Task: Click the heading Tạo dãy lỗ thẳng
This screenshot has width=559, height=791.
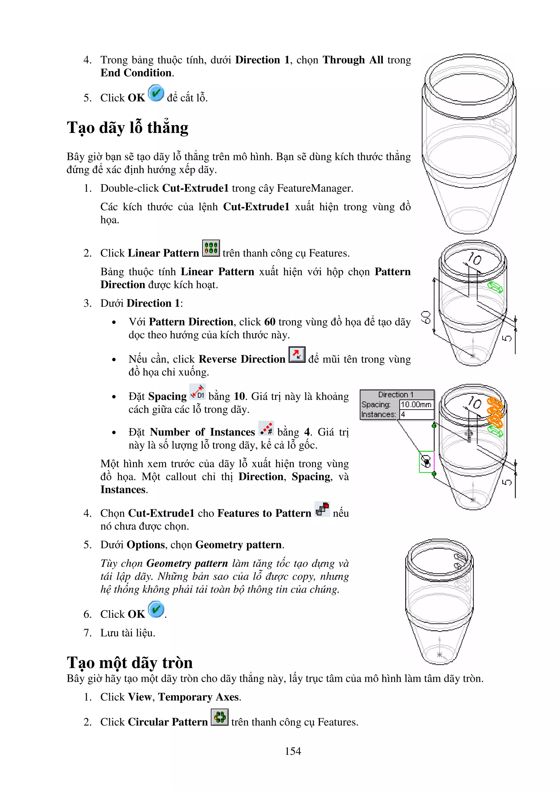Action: tap(127, 127)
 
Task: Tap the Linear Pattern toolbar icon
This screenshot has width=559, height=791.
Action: tap(211, 248)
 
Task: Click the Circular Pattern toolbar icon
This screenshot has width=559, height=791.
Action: tap(219, 717)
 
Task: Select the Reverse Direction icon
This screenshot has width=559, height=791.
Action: tap(296, 355)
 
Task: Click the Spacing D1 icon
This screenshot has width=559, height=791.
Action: tap(197, 392)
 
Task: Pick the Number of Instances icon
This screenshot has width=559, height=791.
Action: tap(266, 428)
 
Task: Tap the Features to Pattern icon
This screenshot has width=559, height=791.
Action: tap(322, 509)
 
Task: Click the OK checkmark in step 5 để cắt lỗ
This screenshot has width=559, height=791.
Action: tap(156, 93)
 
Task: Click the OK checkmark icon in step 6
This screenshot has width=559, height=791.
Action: tap(156, 609)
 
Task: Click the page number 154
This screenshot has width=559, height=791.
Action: tap(293, 751)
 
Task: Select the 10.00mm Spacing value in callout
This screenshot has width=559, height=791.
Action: tap(416, 405)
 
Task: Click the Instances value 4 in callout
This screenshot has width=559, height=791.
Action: tap(403, 414)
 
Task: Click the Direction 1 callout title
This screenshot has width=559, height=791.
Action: tap(396, 394)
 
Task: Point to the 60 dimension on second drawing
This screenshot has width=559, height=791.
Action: tap(426, 317)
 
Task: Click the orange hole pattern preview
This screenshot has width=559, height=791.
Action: tap(495, 412)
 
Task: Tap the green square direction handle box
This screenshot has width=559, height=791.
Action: tap(426, 462)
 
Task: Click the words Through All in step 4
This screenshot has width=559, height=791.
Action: tap(353, 60)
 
